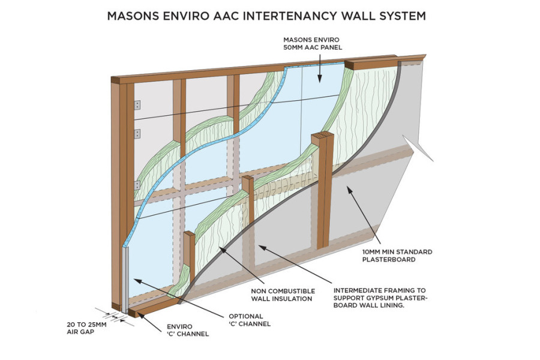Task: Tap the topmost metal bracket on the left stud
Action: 137,105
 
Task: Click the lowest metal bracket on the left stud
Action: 137,185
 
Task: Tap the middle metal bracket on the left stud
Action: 137,133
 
